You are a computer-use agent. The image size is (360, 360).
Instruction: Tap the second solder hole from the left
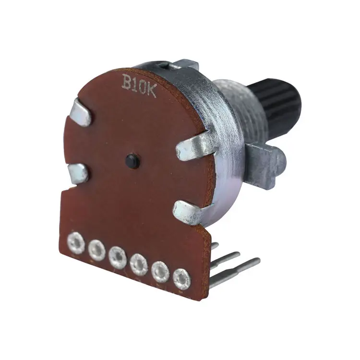point(96,248)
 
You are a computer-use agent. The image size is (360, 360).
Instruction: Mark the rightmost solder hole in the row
point(181,279)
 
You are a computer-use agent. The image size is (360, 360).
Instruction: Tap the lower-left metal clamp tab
point(78,173)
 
